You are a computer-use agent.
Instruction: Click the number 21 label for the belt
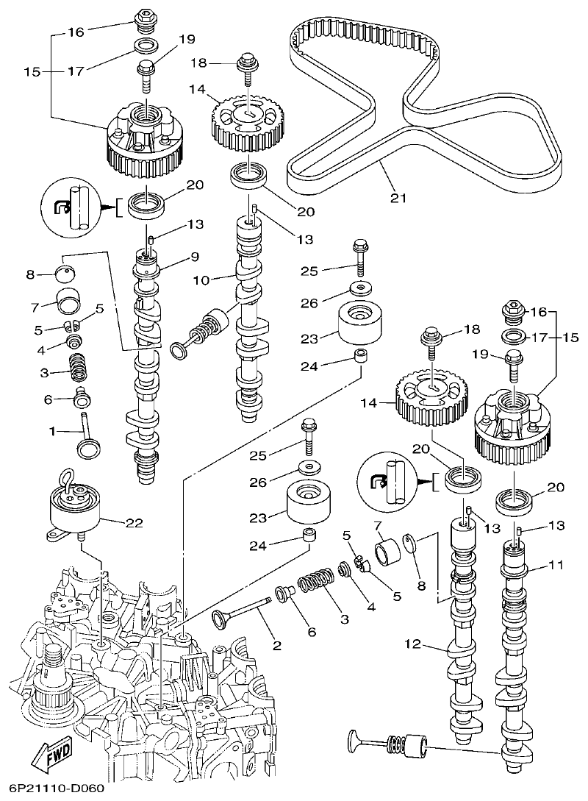[x=398, y=197]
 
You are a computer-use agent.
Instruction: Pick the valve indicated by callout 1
[x=88, y=438]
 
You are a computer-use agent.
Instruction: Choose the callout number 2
[x=276, y=646]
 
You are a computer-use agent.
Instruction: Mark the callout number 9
[x=194, y=257]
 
